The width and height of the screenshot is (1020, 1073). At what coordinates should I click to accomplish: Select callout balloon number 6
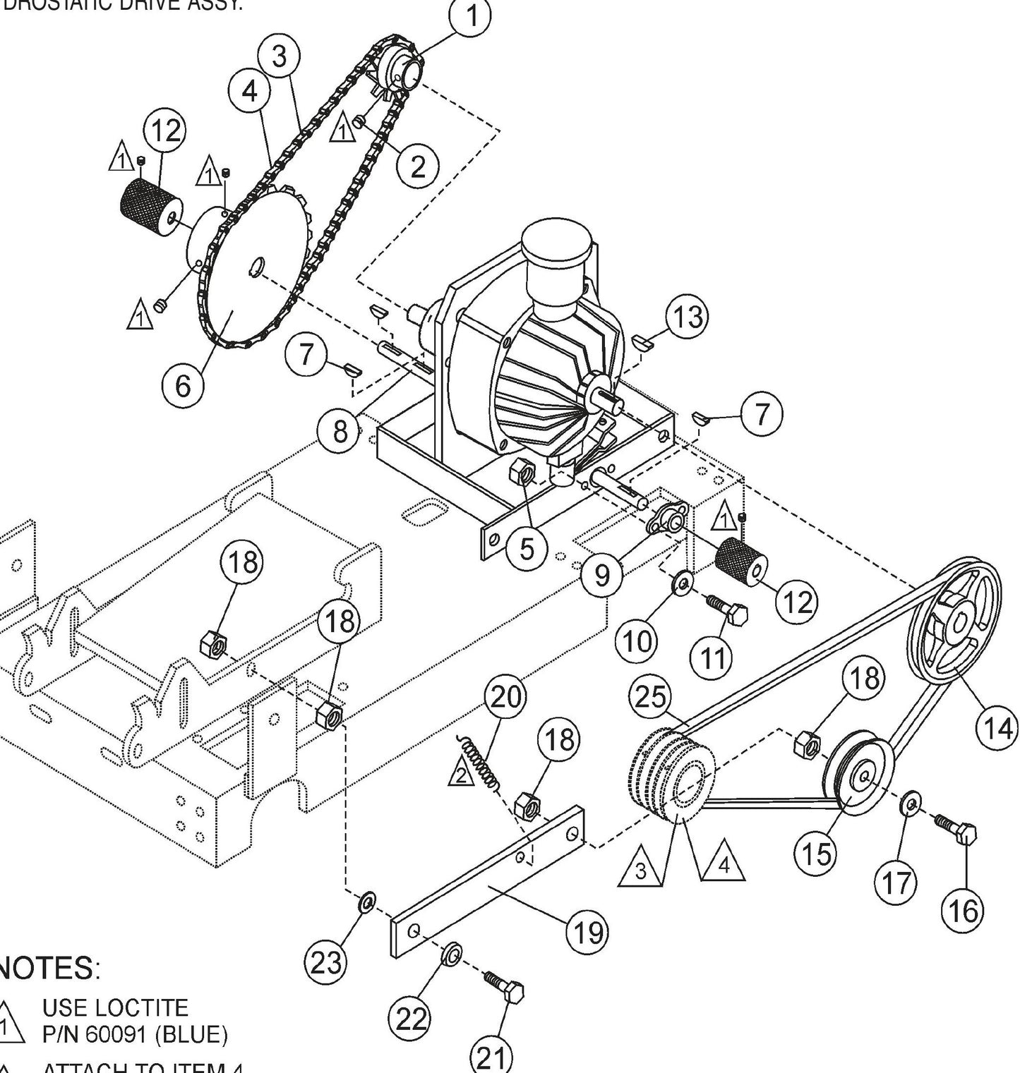click(183, 385)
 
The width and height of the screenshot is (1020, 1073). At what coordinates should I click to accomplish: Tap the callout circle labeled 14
click(997, 727)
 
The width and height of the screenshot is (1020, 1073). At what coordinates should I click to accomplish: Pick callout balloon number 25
click(650, 696)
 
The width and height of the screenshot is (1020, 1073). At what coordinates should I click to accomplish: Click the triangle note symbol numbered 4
click(723, 861)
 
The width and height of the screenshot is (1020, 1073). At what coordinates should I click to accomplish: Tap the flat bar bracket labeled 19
click(487, 882)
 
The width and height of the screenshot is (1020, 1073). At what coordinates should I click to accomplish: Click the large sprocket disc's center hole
click(258, 267)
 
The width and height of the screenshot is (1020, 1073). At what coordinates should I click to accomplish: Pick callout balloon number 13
click(687, 317)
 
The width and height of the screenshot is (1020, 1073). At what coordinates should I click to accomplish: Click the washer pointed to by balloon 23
click(367, 901)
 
